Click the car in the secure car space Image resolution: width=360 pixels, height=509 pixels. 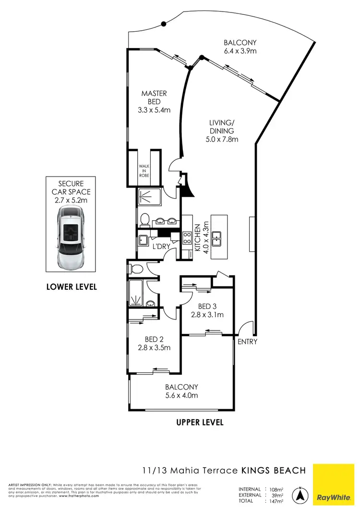pyautogui.click(x=72, y=238)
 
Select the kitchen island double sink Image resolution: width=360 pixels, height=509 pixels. pyautogui.click(x=216, y=237)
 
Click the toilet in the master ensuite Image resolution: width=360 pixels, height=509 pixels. pyautogui.click(x=144, y=219)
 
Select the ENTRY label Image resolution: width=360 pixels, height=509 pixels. pyautogui.click(x=248, y=342)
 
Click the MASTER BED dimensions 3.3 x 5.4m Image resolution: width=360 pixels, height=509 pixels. pyautogui.click(x=154, y=110)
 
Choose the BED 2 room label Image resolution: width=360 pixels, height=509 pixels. pyautogui.click(x=154, y=340)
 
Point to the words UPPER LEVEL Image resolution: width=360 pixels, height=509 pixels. pyautogui.click(x=200, y=423)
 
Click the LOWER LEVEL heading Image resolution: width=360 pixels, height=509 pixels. pyautogui.click(x=72, y=287)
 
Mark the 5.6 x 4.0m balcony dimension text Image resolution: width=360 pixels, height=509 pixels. pyautogui.click(x=181, y=396)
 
